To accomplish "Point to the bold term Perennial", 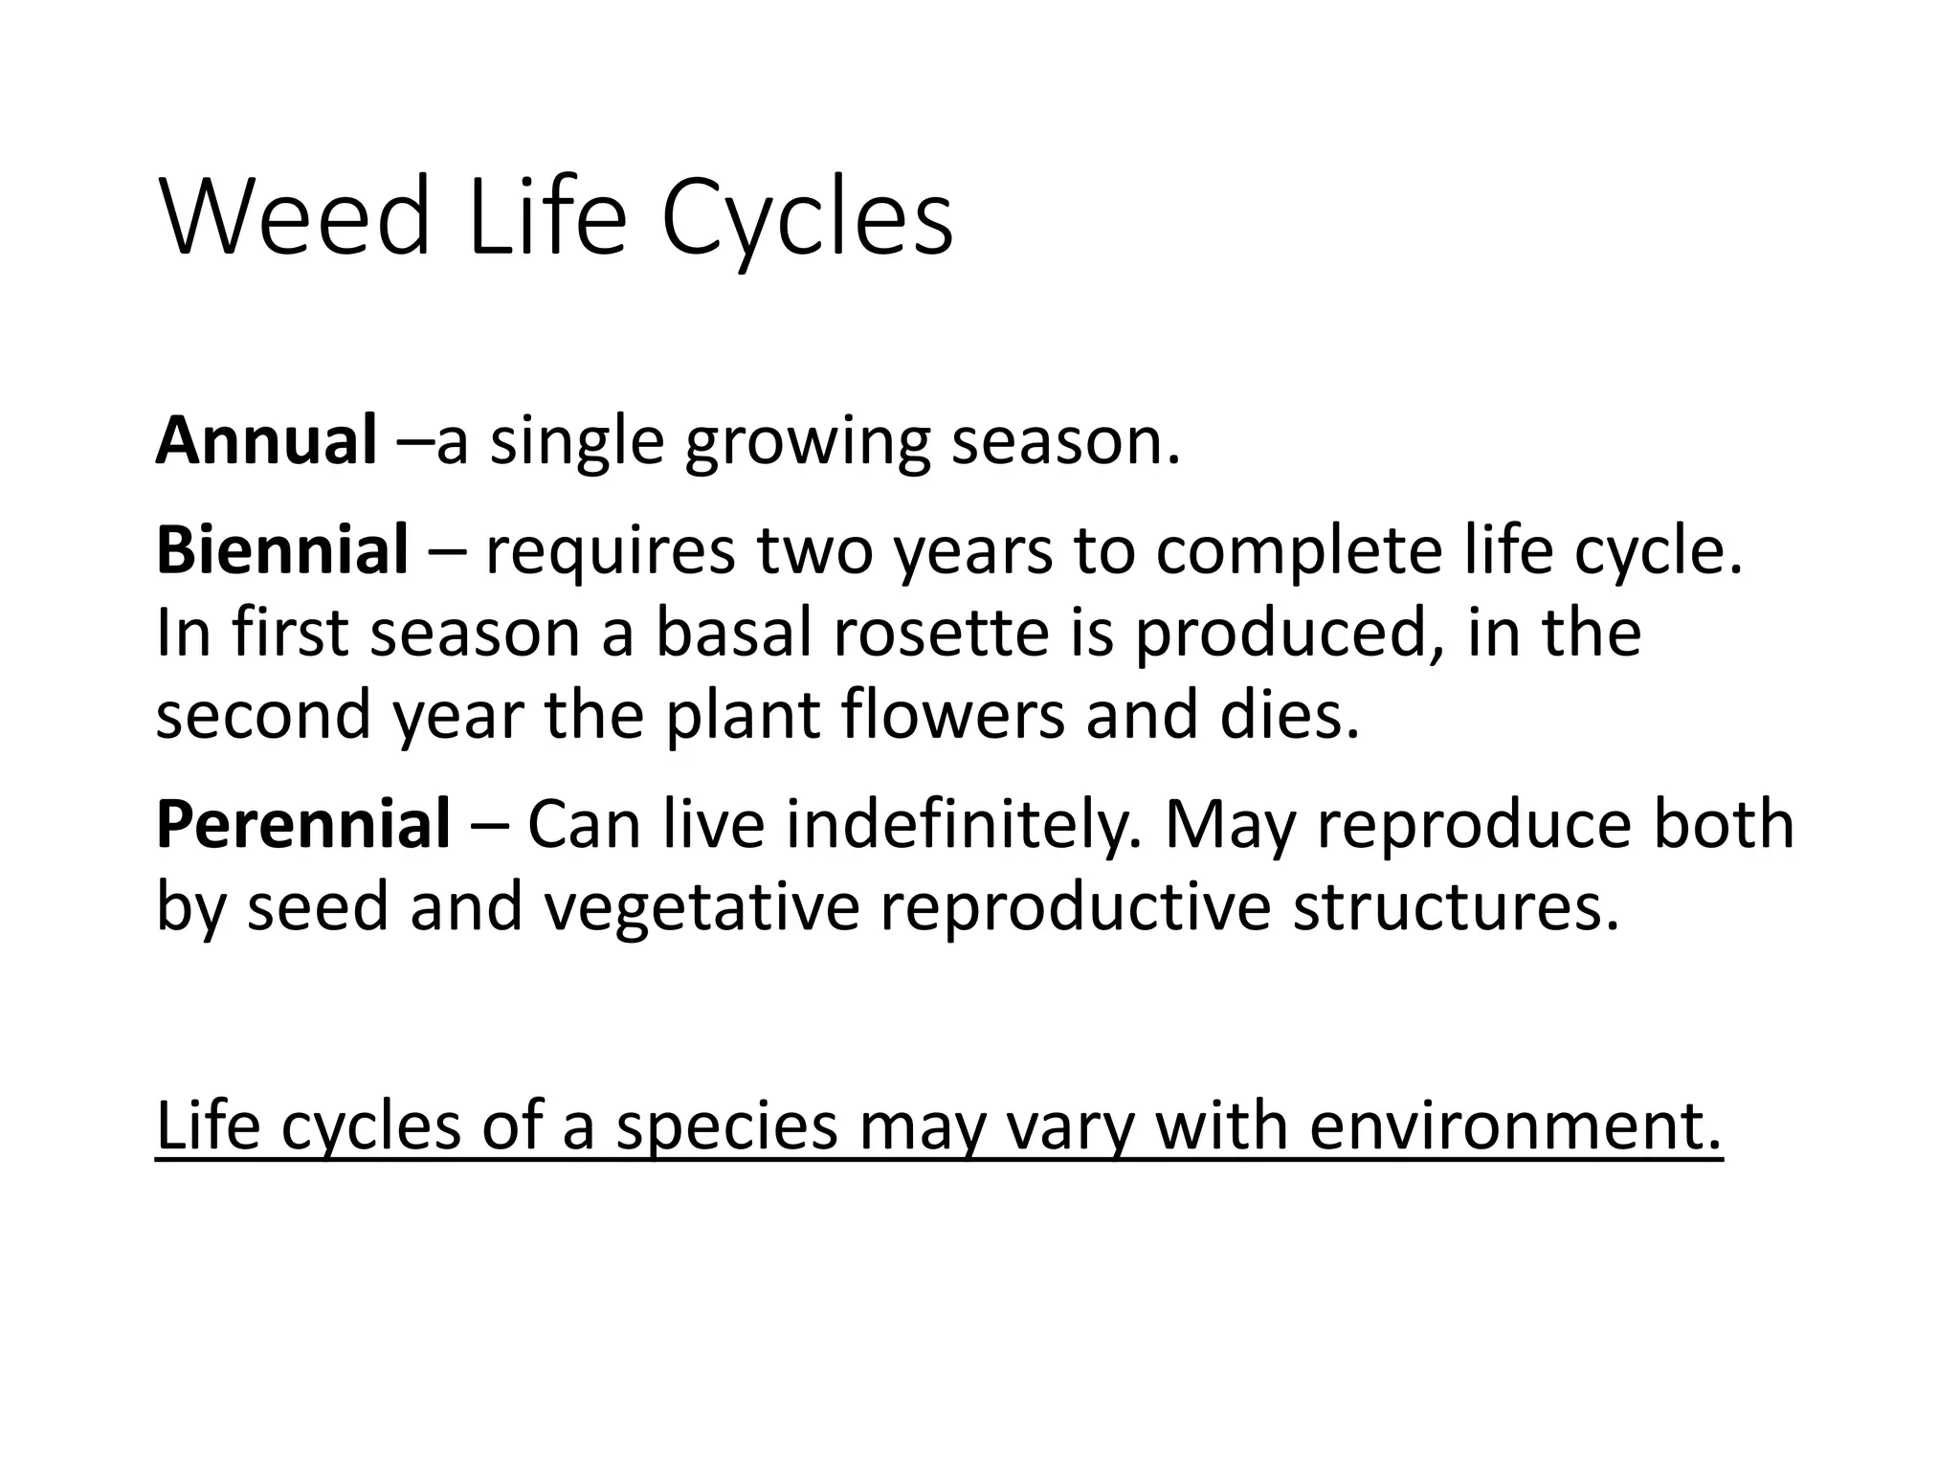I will pos(302,824).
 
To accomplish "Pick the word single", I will pos(576,443).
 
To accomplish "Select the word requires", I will pos(610,552).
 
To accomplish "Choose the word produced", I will pos(1278,635).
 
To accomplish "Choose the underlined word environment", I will pos(1515,1125).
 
